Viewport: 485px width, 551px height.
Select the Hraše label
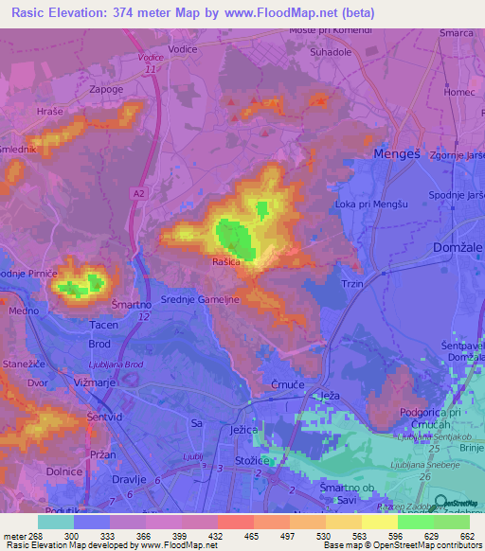(49, 112)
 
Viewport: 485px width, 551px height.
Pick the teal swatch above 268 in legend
(55, 522)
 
